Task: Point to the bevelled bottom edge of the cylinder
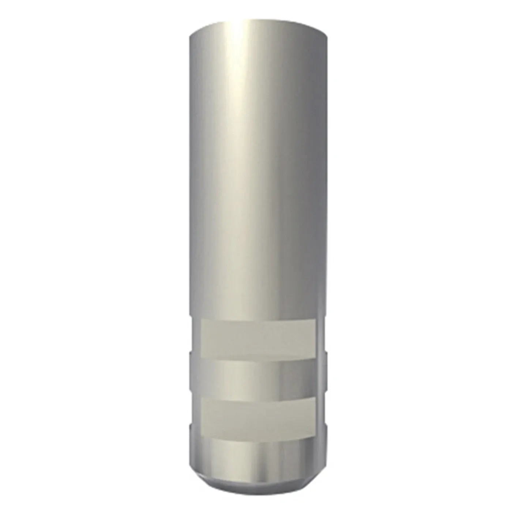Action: click(x=258, y=483)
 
